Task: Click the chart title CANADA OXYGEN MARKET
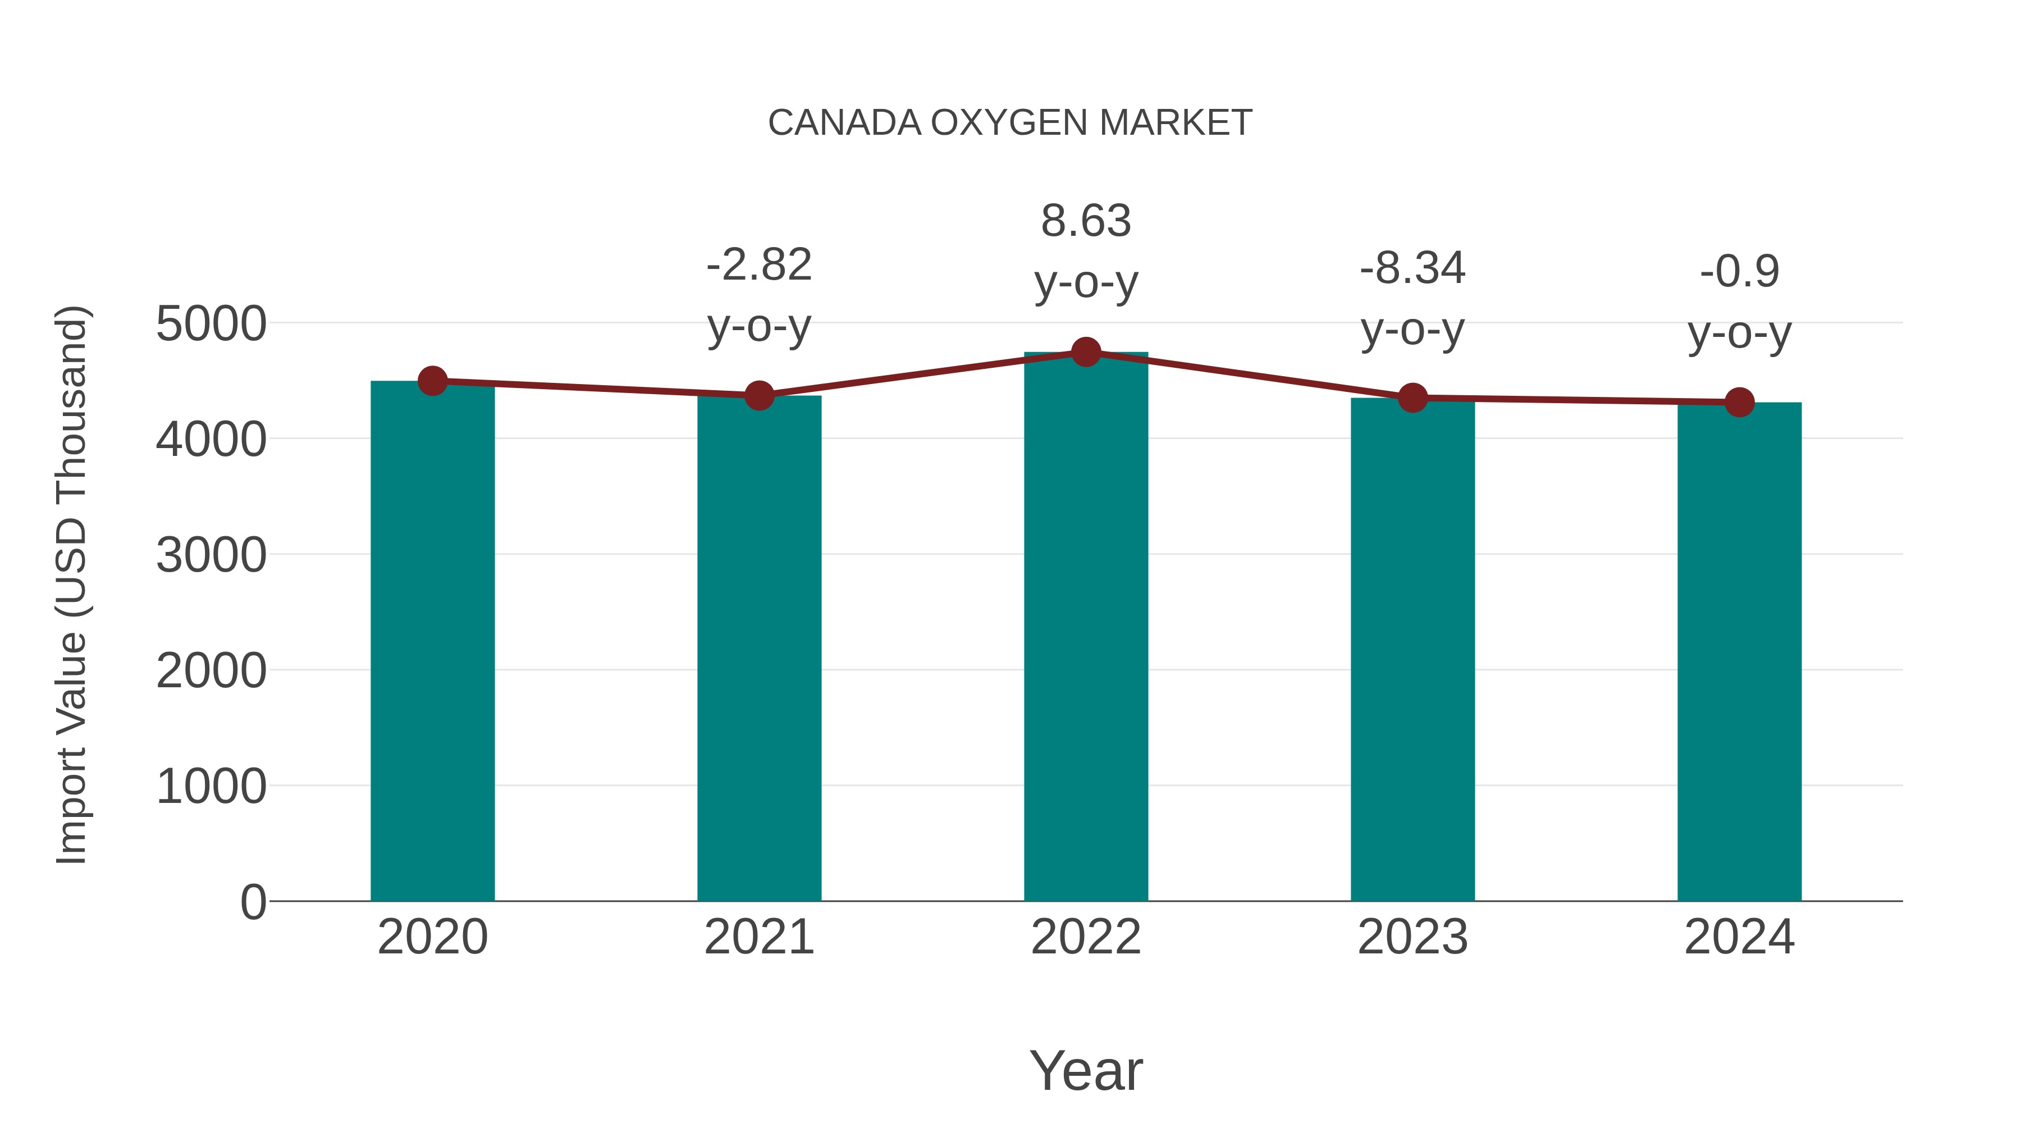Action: (x=1010, y=123)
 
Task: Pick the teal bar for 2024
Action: (x=1739, y=651)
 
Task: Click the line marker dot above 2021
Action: (x=758, y=395)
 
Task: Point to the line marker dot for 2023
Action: (x=1412, y=399)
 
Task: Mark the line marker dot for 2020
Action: (x=432, y=381)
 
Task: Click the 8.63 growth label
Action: (x=1086, y=221)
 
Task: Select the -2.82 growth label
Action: (x=758, y=265)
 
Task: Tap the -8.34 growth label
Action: (x=1412, y=269)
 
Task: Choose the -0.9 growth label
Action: (x=1739, y=272)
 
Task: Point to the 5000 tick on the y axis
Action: (x=211, y=324)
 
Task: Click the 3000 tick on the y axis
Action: (x=211, y=555)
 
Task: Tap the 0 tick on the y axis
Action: (x=253, y=902)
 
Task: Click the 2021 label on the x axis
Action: (x=758, y=937)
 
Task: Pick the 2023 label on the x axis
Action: (x=1412, y=937)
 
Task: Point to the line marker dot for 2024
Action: (x=1739, y=403)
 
